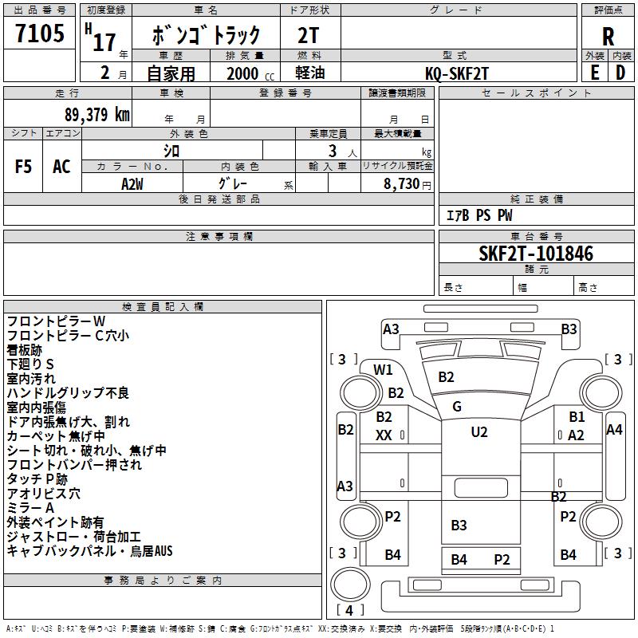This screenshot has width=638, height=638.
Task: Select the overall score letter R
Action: point(608,36)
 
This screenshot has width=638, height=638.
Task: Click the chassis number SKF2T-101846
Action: point(536,254)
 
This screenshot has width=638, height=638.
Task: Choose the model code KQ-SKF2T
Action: point(458,73)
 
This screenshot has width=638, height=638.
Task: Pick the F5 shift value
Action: point(24,167)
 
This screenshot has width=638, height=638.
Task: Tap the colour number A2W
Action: point(132,183)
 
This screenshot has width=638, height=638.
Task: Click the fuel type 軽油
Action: point(309,73)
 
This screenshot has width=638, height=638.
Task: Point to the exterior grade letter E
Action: point(594,73)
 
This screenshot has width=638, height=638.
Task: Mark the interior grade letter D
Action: point(620,73)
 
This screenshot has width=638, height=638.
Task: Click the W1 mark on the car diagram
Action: point(384,369)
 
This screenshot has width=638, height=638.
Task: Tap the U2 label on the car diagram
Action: point(478,432)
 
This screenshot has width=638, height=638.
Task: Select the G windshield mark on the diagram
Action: point(457,407)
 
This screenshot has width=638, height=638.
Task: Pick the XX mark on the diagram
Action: point(384,435)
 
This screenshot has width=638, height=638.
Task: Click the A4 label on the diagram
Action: point(614,430)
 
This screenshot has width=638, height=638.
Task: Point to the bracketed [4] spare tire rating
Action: point(349,610)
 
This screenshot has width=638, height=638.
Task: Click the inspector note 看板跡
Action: point(25,350)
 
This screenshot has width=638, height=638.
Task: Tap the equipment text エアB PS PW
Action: point(478,215)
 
